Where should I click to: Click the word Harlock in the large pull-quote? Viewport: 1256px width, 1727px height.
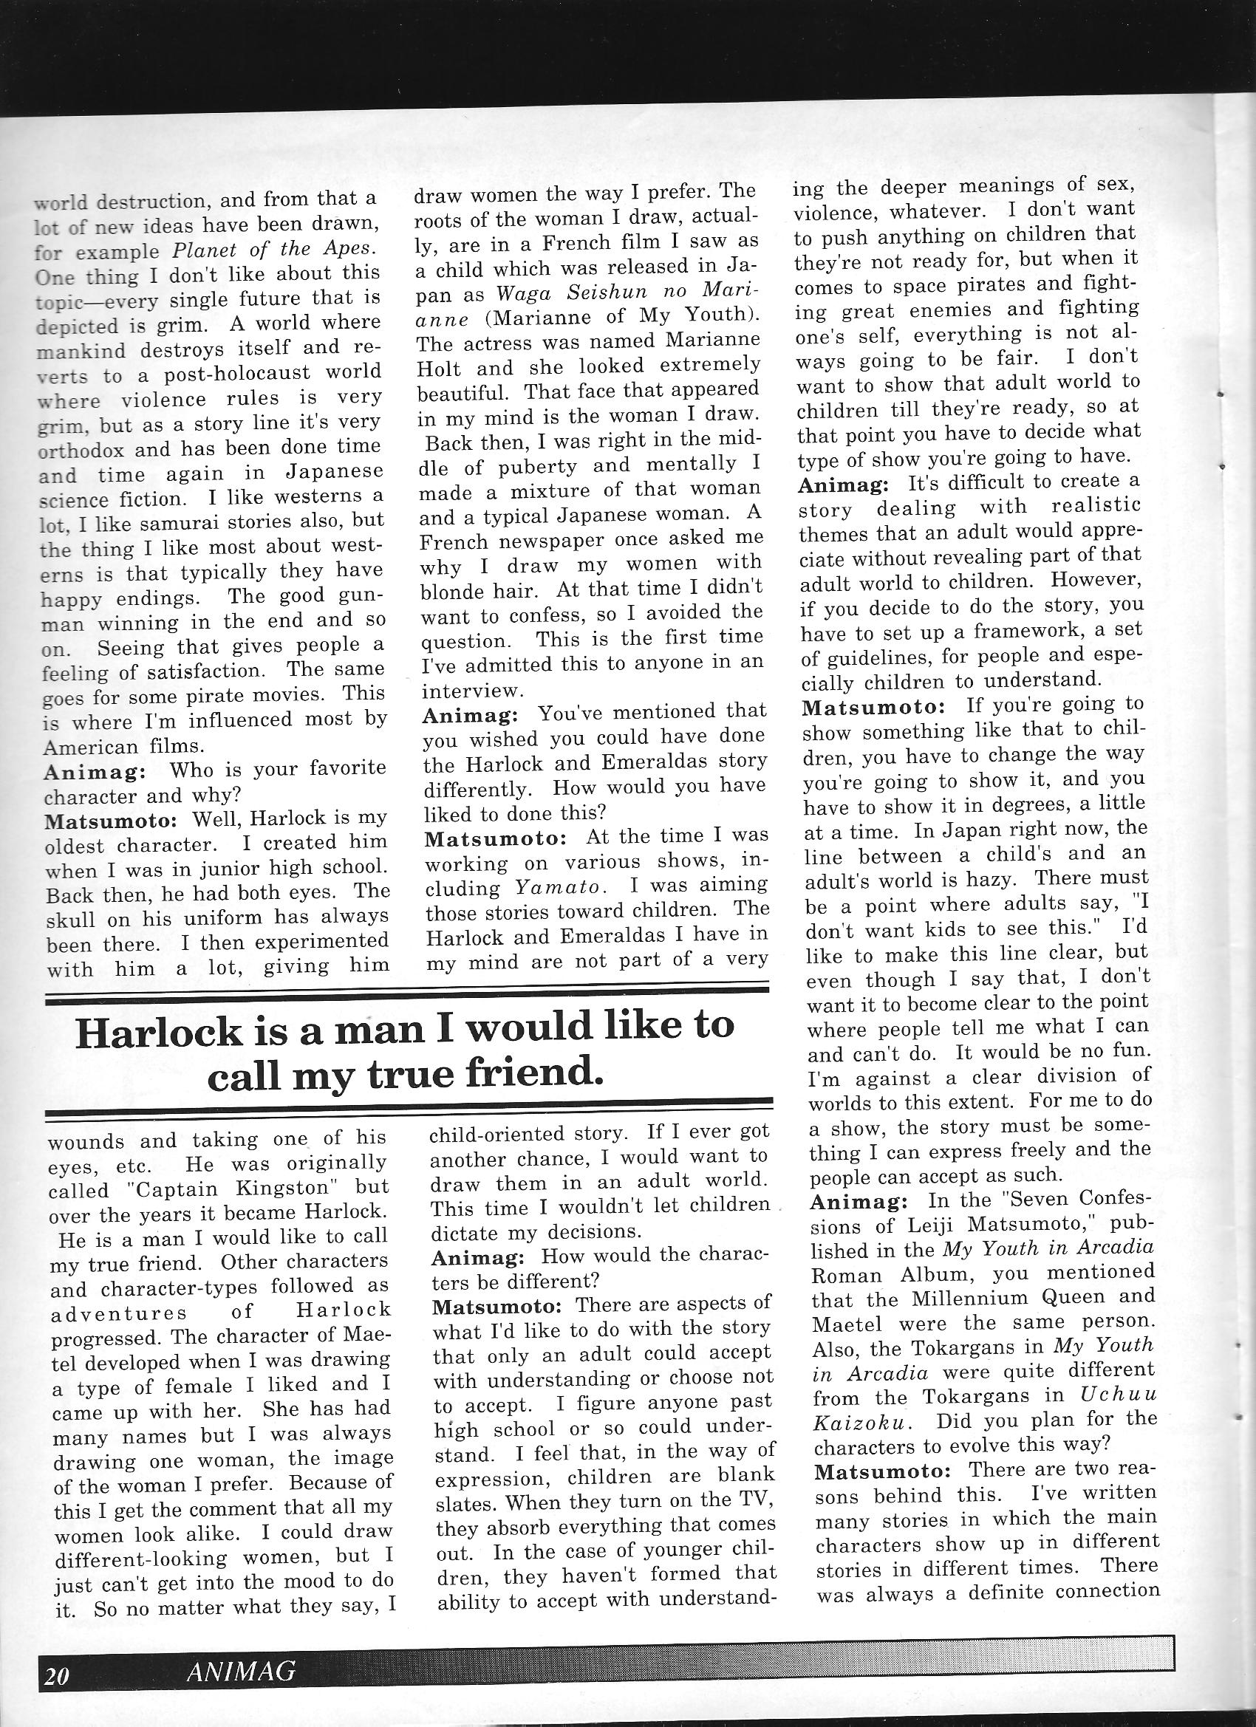click(x=157, y=1030)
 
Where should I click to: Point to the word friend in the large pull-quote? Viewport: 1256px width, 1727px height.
click(x=538, y=1074)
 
